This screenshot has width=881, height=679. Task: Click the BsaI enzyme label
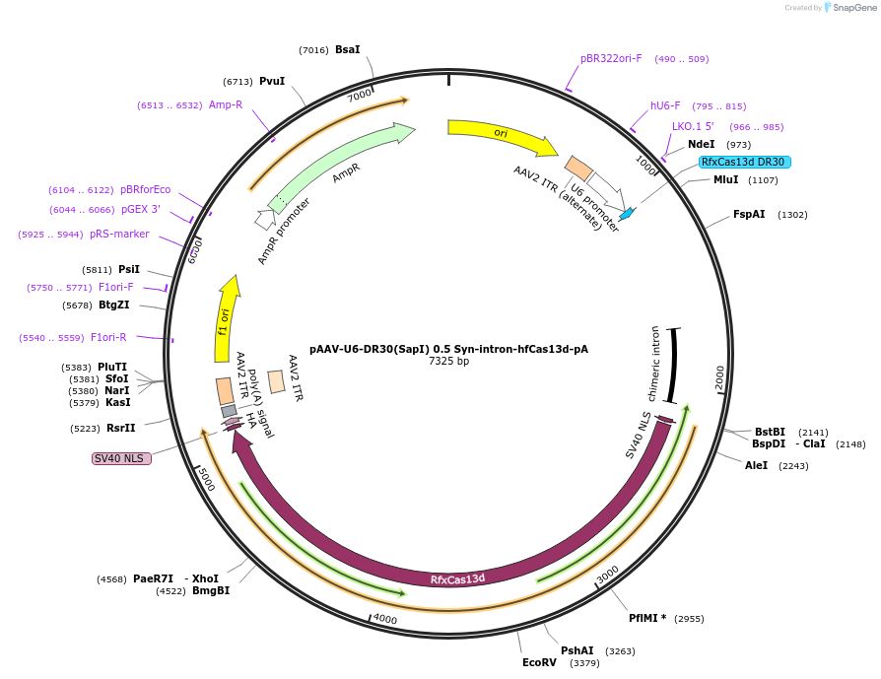(348, 49)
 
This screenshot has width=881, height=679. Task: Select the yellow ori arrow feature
(501, 135)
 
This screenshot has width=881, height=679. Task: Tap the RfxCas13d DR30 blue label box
(744, 162)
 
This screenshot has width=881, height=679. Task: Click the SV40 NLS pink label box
(121, 458)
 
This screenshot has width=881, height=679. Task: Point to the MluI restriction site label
(726, 180)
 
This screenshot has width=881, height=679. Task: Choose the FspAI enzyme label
(749, 214)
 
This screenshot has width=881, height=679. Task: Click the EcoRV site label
(539, 662)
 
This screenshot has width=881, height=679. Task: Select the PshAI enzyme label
(577, 650)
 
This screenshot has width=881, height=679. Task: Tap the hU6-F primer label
(665, 105)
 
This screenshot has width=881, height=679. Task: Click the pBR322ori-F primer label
(611, 58)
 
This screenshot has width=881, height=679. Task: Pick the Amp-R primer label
(226, 104)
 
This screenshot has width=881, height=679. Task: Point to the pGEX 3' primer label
(141, 209)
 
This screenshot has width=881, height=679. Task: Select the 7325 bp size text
(448, 362)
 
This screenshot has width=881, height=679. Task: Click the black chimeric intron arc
(674, 365)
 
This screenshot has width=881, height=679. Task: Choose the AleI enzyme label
(757, 465)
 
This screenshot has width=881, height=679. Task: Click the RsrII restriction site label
(121, 428)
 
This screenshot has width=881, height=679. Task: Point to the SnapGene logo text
(854, 8)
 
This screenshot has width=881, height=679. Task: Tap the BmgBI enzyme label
(211, 590)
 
